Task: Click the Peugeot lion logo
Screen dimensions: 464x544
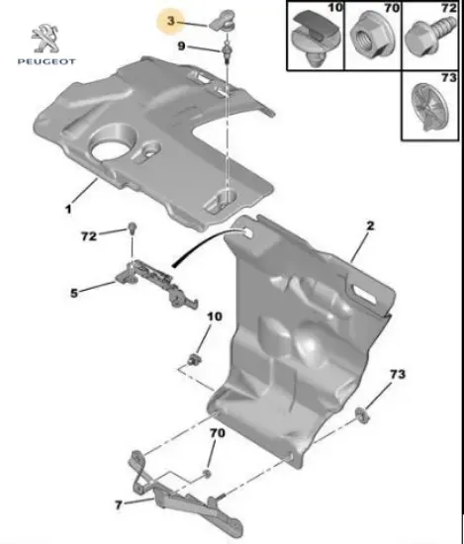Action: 46,39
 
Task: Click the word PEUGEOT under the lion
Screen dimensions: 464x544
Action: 46,61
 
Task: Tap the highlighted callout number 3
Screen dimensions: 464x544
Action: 171,21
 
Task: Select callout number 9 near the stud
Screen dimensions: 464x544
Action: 181,45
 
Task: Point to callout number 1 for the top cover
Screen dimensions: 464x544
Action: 68,209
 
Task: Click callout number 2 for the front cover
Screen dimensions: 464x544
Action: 371,226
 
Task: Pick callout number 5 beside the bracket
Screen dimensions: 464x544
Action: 74,293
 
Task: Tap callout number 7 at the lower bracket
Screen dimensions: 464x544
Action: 119,504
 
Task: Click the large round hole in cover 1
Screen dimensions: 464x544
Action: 111,147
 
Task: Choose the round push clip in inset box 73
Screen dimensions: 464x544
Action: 429,107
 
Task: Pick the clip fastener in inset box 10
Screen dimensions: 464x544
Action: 315,38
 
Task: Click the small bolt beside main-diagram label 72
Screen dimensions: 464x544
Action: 132,228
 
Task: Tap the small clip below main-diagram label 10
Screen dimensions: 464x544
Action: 195,359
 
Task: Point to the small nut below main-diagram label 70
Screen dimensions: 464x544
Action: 206,474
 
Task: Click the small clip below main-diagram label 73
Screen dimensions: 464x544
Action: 362,415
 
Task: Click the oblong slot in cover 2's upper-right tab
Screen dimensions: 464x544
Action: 363,292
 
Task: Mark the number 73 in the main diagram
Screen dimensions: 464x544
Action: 398,374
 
